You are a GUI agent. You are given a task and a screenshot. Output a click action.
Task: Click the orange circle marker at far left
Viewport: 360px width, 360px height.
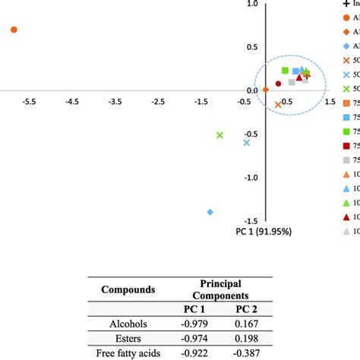click(14, 30)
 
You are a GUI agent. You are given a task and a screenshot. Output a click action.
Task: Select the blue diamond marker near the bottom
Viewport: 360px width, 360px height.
click(210, 212)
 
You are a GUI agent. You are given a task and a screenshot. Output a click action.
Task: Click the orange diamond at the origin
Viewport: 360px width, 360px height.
click(265, 90)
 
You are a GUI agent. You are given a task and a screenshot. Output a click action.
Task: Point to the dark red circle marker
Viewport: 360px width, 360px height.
click(279, 84)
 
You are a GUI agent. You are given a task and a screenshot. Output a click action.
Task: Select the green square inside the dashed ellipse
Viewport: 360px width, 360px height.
click(285, 71)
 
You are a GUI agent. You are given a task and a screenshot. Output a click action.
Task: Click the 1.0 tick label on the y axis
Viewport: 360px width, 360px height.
click(251, 4)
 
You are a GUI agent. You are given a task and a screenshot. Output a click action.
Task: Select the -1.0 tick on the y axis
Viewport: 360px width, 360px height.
click(250, 178)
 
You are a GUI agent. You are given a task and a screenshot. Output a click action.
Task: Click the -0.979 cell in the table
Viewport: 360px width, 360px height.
click(194, 324)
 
